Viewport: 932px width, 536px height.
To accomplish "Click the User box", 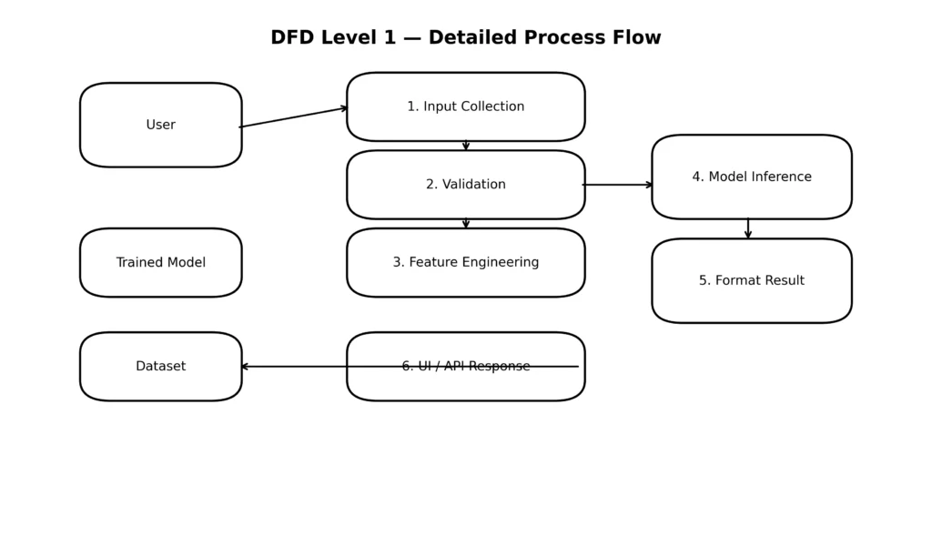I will pyautogui.click(x=160, y=125).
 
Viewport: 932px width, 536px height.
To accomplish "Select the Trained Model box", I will pyautogui.click(x=160, y=262).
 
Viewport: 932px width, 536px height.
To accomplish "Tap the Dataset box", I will pyautogui.click(x=160, y=366).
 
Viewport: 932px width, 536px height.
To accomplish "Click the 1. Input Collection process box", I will pyautogui.click(x=465, y=106).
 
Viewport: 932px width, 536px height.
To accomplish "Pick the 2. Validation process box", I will pyautogui.click(x=465, y=184).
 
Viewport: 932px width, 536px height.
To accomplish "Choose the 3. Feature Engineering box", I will pyautogui.click(x=465, y=262).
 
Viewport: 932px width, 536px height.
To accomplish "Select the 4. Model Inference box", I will pyautogui.click(x=751, y=177).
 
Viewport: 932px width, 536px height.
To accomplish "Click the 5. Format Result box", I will pyautogui.click(x=751, y=280).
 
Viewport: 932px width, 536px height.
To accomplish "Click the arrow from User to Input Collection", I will pyautogui.click(x=294, y=116).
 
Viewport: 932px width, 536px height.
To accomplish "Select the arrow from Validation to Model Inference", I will pyautogui.click(x=618, y=185).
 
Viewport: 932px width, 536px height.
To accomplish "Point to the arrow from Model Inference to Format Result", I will pyautogui.click(x=748, y=228).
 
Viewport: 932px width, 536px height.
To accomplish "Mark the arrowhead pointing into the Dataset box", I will pyautogui.click(x=244, y=367).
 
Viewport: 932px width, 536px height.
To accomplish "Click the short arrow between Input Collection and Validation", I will pyautogui.click(x=466, y=146).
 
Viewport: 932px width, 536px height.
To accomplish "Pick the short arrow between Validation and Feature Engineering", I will pyautogui.click(x=466, y=223).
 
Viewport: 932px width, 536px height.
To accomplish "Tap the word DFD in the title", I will pyautogui.click(x=294, y=38).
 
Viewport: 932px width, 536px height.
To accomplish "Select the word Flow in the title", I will pyautogui.click(x=638, y=38).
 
